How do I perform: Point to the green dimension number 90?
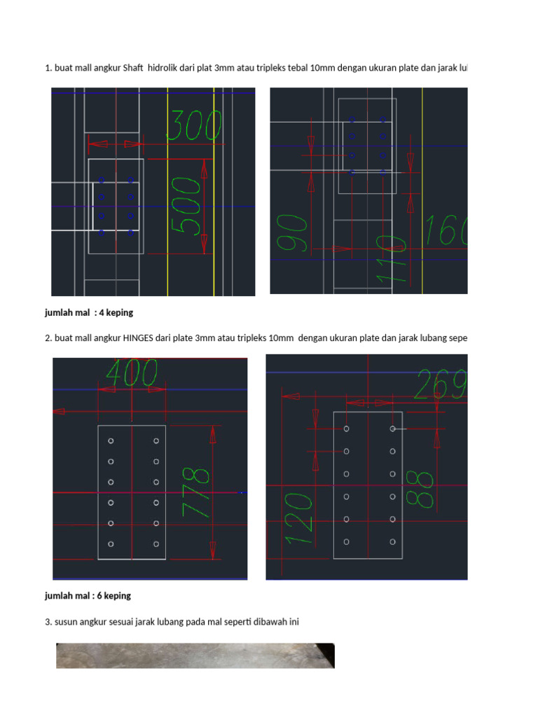tap(292, 234)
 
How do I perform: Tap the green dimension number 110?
tap(391, 259)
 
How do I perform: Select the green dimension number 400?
tap(131, 373)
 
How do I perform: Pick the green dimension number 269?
tap(440, 384)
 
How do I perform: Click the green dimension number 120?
tap(298, 517)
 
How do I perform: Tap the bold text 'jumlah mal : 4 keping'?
tap(88, 312)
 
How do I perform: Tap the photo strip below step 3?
tap(195, 655)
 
